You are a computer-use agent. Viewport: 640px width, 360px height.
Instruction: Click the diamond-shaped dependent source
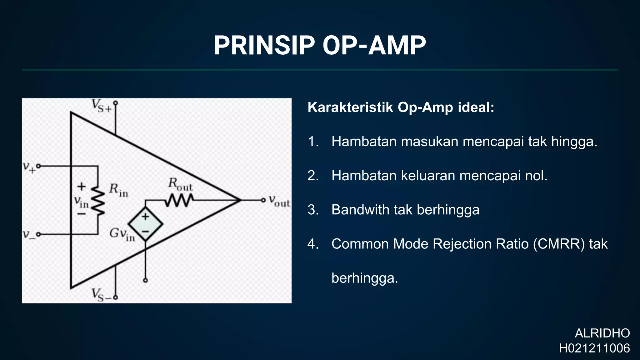[x=145, y=224]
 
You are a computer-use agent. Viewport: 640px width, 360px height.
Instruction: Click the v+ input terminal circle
[x=39, y=166]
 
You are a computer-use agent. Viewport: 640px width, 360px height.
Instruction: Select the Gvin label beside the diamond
[x=122, y=234]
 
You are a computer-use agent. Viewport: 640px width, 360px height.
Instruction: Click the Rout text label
[x=180, y=184]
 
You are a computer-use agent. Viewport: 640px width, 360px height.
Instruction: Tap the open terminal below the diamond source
[x=145, y=280]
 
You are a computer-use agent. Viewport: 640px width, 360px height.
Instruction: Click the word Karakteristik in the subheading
[x=350, y=107]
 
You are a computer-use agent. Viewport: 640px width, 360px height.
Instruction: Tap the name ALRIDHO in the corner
[x=602, y=333]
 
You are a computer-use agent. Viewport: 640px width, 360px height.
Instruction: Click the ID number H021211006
[x=594, y=348]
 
